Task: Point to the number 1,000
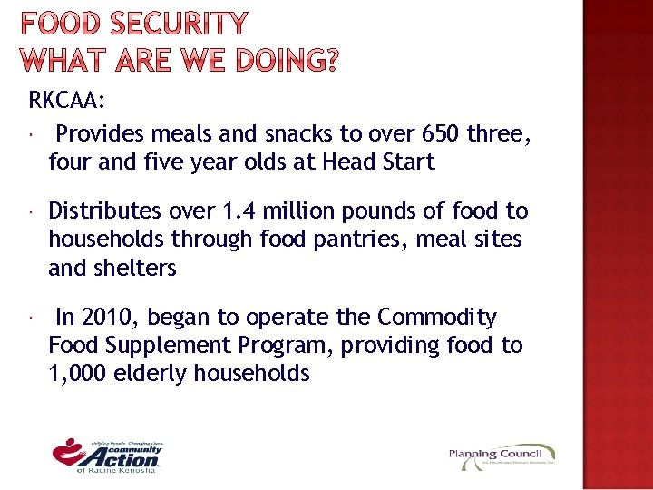(77, 374)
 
